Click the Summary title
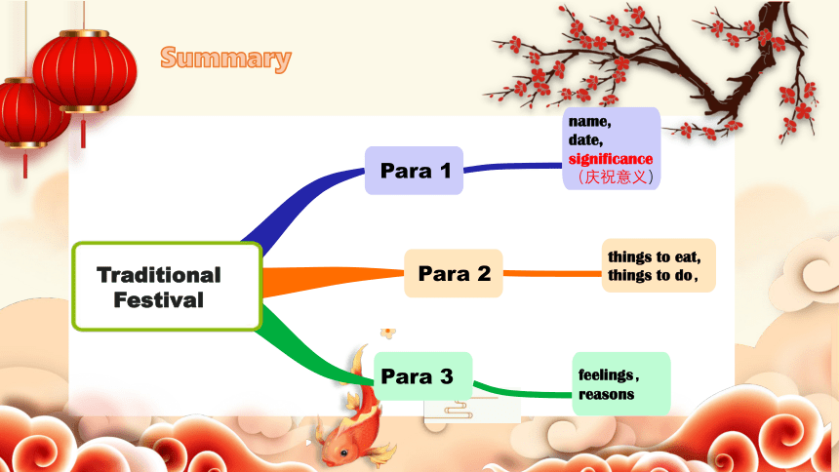[x=225, y=59]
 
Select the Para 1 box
[x=414, y=171]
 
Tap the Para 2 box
[x=454, y=273]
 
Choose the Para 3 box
[x=422, y=375]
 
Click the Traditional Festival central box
[x=167, y=287]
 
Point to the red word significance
[x=611, y=159]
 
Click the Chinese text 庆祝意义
[x=616, y=177]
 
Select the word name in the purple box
[x=589, y=122]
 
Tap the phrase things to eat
[x=654, y=257]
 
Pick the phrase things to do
[x=653, y=275]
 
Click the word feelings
[x=609, y=375]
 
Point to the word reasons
[x=606, y=394]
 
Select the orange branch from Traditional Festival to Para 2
[x=332, y=279]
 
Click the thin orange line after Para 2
[x=552, y=273]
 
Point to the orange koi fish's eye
[x=343, y=452]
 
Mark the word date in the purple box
[x=586, y=140]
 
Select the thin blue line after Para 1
[x=512, y=167]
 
